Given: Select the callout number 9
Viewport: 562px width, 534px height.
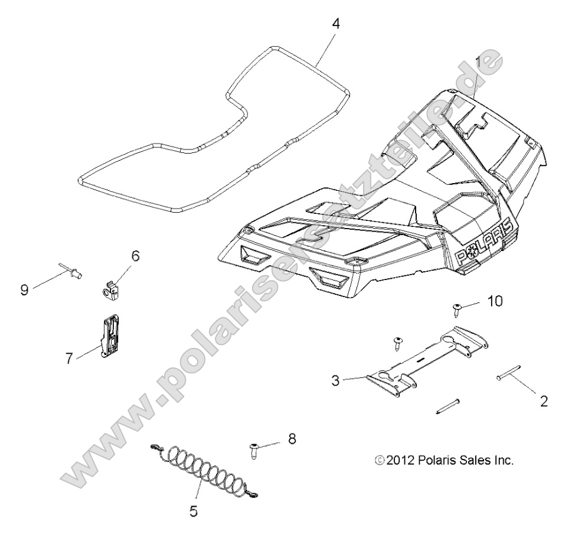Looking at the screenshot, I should pyautogui.click(x=24, y=291).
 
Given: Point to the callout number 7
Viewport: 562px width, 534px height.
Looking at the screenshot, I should pyautogui.click(x=70, y=358).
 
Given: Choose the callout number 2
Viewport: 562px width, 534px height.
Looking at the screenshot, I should pyautogui.click(x=544, y=401).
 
